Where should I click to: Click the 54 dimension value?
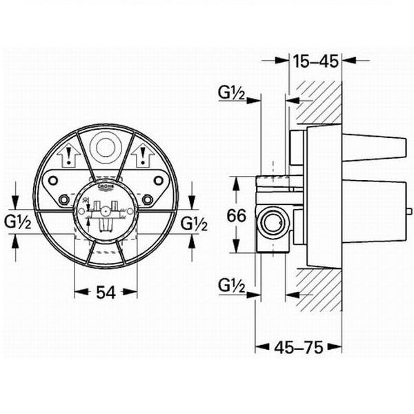click(105, 292)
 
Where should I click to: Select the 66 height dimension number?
click(237, 215)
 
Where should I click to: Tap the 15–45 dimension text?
click(315, 61)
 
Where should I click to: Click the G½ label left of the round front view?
click(19, 223)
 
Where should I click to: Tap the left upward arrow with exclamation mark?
click(68, 156)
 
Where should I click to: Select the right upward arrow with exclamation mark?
click(144, 156)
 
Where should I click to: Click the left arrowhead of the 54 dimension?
click(77, 292)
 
